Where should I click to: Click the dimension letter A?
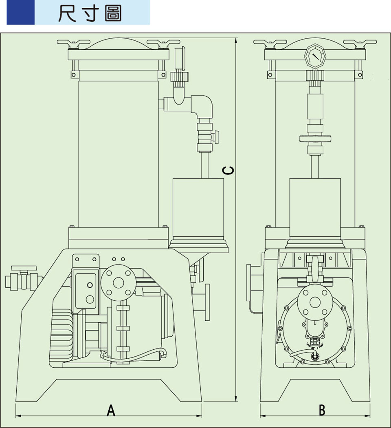coord(110,410)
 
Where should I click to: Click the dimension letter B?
coord(322,410)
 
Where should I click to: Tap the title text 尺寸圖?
coord(90,13)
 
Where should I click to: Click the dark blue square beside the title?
coord(20,13)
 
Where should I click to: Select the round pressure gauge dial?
coord(314,56)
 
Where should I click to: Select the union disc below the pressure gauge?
coord(314,139)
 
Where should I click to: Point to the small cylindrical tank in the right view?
coord(315,209)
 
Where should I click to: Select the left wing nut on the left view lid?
coord(74,43)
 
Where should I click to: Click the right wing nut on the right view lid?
coord(360,43)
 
